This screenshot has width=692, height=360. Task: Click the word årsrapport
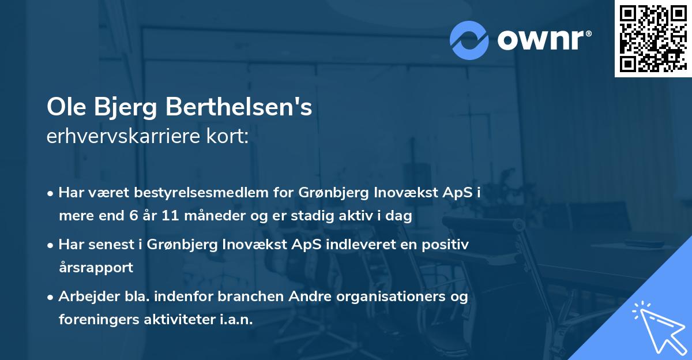96,268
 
